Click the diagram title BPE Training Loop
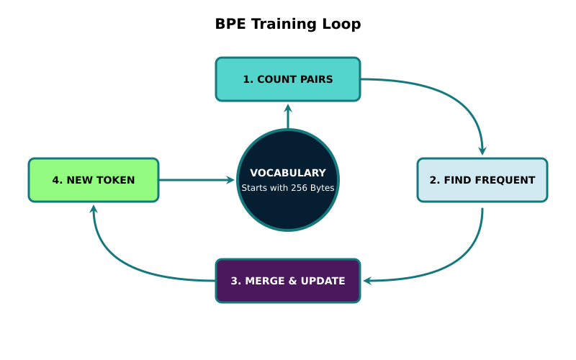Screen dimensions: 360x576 288,24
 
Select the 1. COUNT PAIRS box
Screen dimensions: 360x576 288,79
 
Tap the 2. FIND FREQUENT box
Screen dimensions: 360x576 482,180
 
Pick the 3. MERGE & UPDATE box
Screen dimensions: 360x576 288,281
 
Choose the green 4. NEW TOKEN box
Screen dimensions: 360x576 94,180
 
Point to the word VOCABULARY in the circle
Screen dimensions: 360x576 288,173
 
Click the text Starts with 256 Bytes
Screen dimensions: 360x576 288,188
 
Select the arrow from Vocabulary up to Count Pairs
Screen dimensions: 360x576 288,117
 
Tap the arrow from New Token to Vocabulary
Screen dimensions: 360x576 198,180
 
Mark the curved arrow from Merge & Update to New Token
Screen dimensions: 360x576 122,263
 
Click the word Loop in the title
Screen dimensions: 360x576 343,24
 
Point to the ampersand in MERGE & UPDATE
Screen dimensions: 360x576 290,281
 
